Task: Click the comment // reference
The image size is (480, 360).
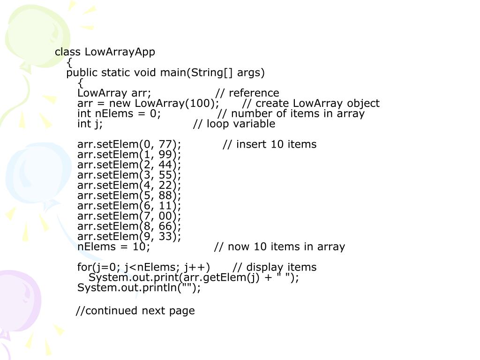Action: [x=247, y=93]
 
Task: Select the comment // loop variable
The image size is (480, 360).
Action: [x=234, y=124]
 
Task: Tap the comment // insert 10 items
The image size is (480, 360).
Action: [x=270, y=144]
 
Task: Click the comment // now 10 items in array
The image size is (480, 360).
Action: [x=279, y=247]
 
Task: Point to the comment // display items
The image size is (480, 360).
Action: [x=275, y=267]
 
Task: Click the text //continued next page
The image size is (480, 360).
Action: [x=135, y=310]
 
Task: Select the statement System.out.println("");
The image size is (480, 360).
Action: [x=139, y=288]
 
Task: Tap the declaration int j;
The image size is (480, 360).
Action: [x=90, y=124]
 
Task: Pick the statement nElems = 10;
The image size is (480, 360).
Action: [x=114, y=247]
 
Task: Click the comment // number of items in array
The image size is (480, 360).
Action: [x=291, y=113]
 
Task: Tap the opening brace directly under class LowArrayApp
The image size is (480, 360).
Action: [x=69, y=62]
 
